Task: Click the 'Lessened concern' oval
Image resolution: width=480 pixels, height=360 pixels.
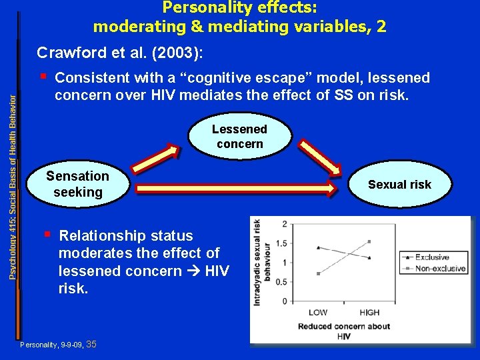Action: tap(239, 137)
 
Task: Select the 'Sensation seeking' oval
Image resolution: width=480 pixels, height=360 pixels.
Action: tap(78, 184)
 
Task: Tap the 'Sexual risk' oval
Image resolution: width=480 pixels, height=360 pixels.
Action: tap(399, 185)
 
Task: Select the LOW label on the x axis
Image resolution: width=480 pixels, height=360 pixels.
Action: tap(318, 312)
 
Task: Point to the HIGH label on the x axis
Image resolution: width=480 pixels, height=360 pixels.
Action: tap(369, 312)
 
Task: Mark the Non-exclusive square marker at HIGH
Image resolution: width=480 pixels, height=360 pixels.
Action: tap(369, 241)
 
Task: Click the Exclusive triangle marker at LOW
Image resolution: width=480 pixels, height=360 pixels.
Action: tap(318, 247)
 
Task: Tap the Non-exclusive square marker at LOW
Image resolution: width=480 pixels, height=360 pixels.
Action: tap(318, 273)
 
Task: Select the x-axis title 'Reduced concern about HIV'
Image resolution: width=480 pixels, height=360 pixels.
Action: tap(343, 331)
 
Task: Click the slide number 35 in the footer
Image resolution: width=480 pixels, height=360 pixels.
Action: tap(91, 345)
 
